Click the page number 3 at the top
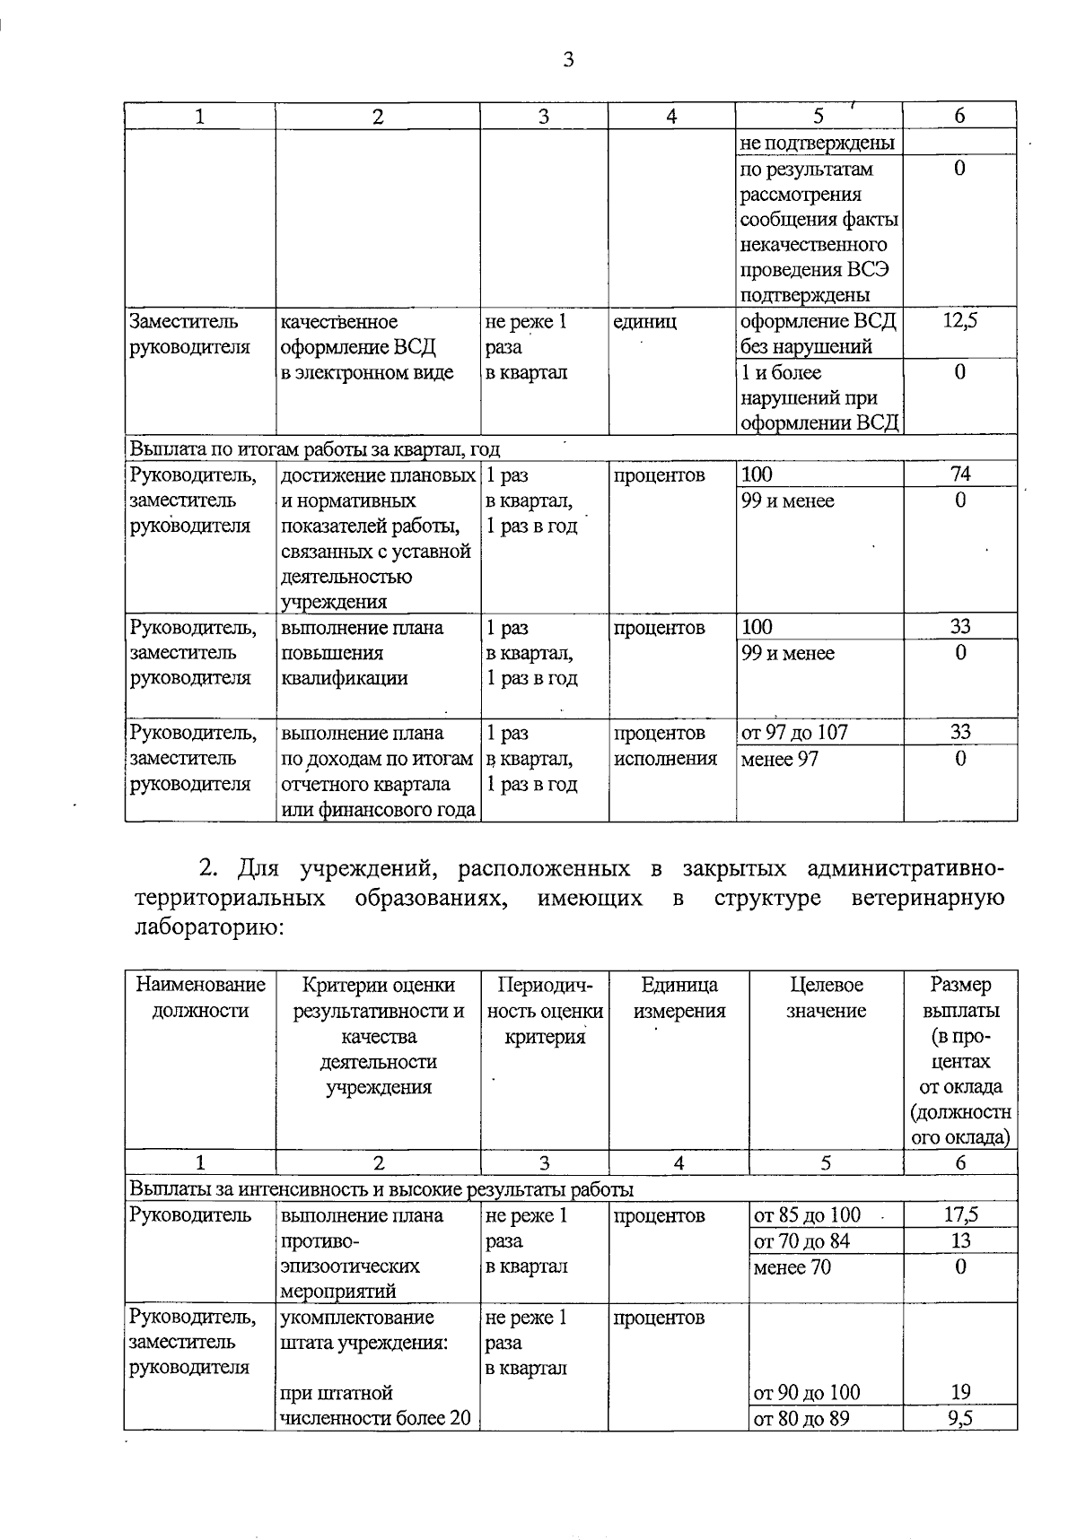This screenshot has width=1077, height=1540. point(567,61)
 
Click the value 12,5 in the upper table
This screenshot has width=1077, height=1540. point(959,321)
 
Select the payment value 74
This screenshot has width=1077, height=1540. point(960,474)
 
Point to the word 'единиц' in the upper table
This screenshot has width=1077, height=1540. point(644,321)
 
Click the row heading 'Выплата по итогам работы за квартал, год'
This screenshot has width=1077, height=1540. point(314,448)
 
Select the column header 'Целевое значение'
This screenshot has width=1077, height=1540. point(826,998)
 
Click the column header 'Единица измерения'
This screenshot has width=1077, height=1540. point(679,998)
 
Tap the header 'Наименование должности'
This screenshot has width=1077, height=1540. point(200,998)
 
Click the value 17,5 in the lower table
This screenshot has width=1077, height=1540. point(960,1215)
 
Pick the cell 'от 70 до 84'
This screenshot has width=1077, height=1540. point(801,1241)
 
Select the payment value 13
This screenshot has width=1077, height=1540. point(960,1241)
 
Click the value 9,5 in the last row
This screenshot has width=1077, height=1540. point(960,1418)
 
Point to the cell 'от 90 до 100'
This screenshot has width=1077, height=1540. point(806,1393)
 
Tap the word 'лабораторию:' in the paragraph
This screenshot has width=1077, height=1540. point(208,927)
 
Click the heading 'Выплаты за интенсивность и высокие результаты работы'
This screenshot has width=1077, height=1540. point(381,1189)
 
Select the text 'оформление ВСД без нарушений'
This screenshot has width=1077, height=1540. point(818,334)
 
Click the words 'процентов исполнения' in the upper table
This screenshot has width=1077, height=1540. point(665,746)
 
